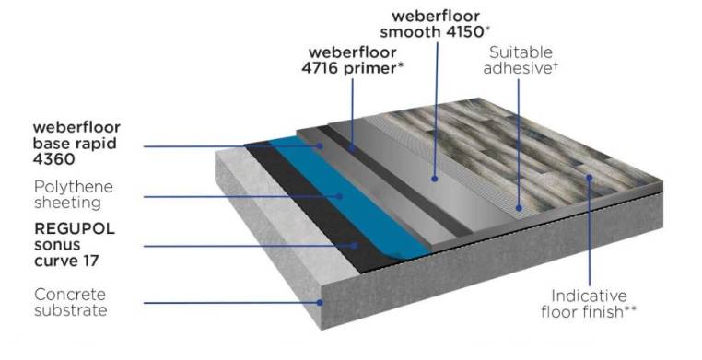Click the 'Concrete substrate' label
(x=70, y=301)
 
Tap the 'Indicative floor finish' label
(x=590, y=305)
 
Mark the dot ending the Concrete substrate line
(x=319, y=301)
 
